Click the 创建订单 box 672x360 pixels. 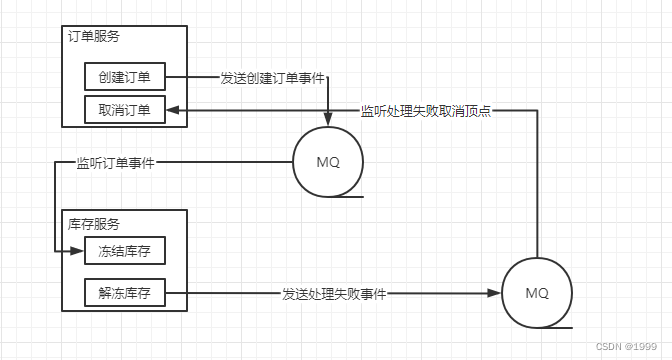coord(124,78)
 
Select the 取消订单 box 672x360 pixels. coord(124,110)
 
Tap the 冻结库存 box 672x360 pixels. coord(124,250)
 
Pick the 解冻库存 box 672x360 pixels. coord(124,294)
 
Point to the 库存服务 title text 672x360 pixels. coord(95,223)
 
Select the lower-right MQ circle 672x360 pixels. coord(537,293)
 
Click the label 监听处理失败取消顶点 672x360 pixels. coord(427,110)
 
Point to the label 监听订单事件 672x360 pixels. coord(115,162)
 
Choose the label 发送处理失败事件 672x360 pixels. coord(334,294)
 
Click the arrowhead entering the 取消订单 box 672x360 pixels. coord(173,110)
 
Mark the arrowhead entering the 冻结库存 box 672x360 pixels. coord(78,250)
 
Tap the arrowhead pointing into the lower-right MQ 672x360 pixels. coord(494,294)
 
